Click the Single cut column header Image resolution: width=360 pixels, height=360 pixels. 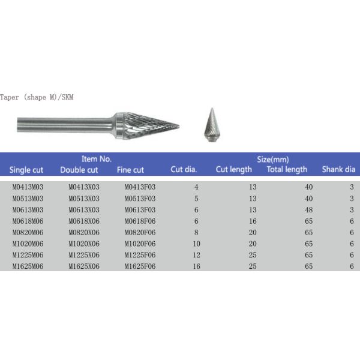27,170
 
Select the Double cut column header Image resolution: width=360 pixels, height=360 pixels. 79,170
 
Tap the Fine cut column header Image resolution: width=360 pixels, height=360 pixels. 130,170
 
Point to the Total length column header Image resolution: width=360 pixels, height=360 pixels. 287,170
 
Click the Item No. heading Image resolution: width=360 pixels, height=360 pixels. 97,159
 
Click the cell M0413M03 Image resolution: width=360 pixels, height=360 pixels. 28,187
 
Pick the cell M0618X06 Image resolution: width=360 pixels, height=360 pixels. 83,220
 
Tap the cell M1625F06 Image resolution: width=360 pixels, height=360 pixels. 140,265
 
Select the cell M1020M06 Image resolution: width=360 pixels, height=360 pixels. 28,243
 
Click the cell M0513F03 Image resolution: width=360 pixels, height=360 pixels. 140,198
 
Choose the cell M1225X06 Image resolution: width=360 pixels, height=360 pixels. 83,254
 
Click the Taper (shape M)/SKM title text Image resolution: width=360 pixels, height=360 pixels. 37,97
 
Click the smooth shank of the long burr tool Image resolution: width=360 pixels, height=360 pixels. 66,125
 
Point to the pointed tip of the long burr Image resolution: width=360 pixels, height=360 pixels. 177,125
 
